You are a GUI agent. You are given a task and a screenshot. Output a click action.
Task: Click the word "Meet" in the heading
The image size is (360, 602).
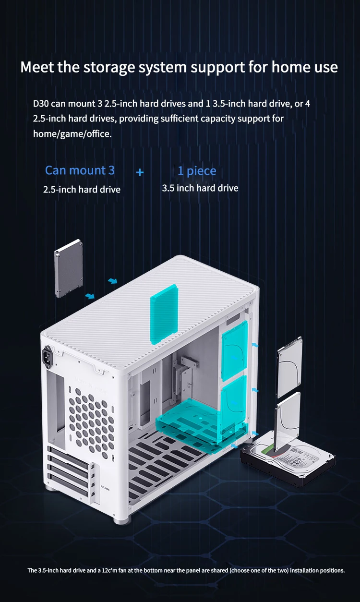point(37,67)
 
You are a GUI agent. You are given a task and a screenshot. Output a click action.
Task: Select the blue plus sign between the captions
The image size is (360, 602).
point(140,172)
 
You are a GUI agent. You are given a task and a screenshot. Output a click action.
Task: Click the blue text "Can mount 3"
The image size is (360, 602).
point(80,170)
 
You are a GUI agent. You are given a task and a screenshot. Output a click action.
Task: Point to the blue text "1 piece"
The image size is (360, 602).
point(197,171)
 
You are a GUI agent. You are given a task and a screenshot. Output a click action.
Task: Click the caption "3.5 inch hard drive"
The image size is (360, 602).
point(200,188)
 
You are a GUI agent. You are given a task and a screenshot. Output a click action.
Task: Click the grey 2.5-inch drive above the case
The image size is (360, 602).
point(69,268)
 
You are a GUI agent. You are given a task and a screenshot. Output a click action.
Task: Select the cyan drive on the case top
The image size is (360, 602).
point(164,314)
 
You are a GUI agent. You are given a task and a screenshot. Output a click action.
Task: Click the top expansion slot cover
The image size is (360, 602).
point(69,456)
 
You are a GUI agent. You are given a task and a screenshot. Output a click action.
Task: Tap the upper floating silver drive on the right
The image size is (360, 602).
point(289,367)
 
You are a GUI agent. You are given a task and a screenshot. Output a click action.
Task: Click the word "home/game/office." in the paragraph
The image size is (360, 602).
point(72,133)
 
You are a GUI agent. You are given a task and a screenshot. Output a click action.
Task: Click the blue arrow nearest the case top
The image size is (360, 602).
point(113,281)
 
